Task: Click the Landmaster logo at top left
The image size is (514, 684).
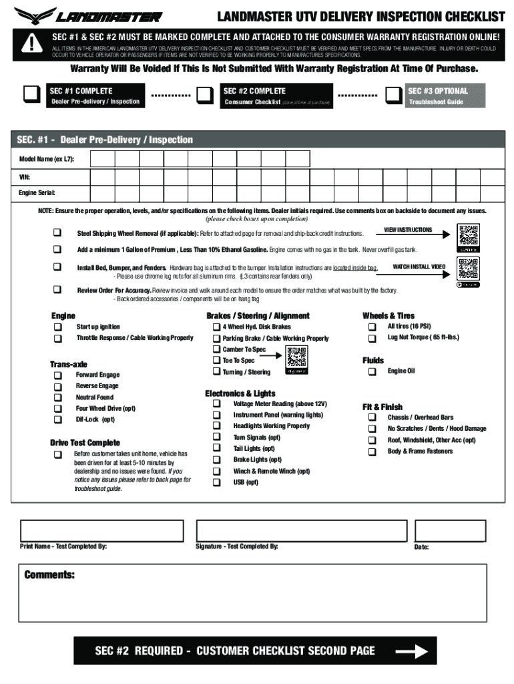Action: pos(87,15)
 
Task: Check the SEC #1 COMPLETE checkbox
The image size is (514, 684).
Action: pos(31,96)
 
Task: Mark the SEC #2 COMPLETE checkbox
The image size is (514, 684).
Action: pos(204,96)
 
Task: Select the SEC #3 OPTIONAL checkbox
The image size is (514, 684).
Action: pos(393,96)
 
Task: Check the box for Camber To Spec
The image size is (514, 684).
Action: pos(216,349)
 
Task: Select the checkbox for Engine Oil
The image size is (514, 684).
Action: pos(372,371)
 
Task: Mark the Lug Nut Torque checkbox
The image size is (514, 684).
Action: pos(372,338)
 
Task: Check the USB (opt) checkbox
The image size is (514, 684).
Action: pos(216,482)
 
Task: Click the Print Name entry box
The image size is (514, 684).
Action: pos(101,530)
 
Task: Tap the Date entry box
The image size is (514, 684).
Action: pos(450,530)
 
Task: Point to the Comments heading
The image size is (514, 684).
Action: pos(49,575)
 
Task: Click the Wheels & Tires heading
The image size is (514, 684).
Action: pos(388,316)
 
